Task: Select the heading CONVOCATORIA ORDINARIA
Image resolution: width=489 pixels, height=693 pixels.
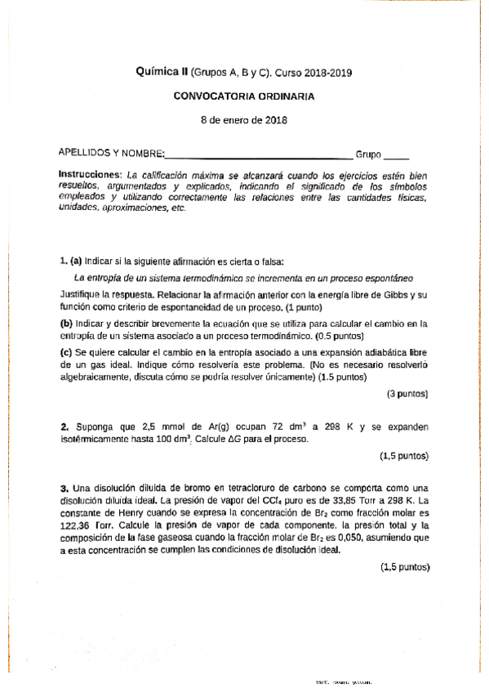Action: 243,96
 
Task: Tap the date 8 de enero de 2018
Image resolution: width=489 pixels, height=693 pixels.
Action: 243,119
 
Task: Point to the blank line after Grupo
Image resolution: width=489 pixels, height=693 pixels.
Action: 397,154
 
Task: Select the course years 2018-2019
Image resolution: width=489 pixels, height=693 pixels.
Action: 325,73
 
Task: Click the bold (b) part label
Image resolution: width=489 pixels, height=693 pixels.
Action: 67,323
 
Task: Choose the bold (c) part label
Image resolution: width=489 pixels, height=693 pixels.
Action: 67,352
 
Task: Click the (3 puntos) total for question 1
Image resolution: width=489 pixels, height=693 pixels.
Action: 407,394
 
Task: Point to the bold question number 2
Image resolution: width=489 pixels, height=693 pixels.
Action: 64,427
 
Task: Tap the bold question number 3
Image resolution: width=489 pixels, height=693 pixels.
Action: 64,486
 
